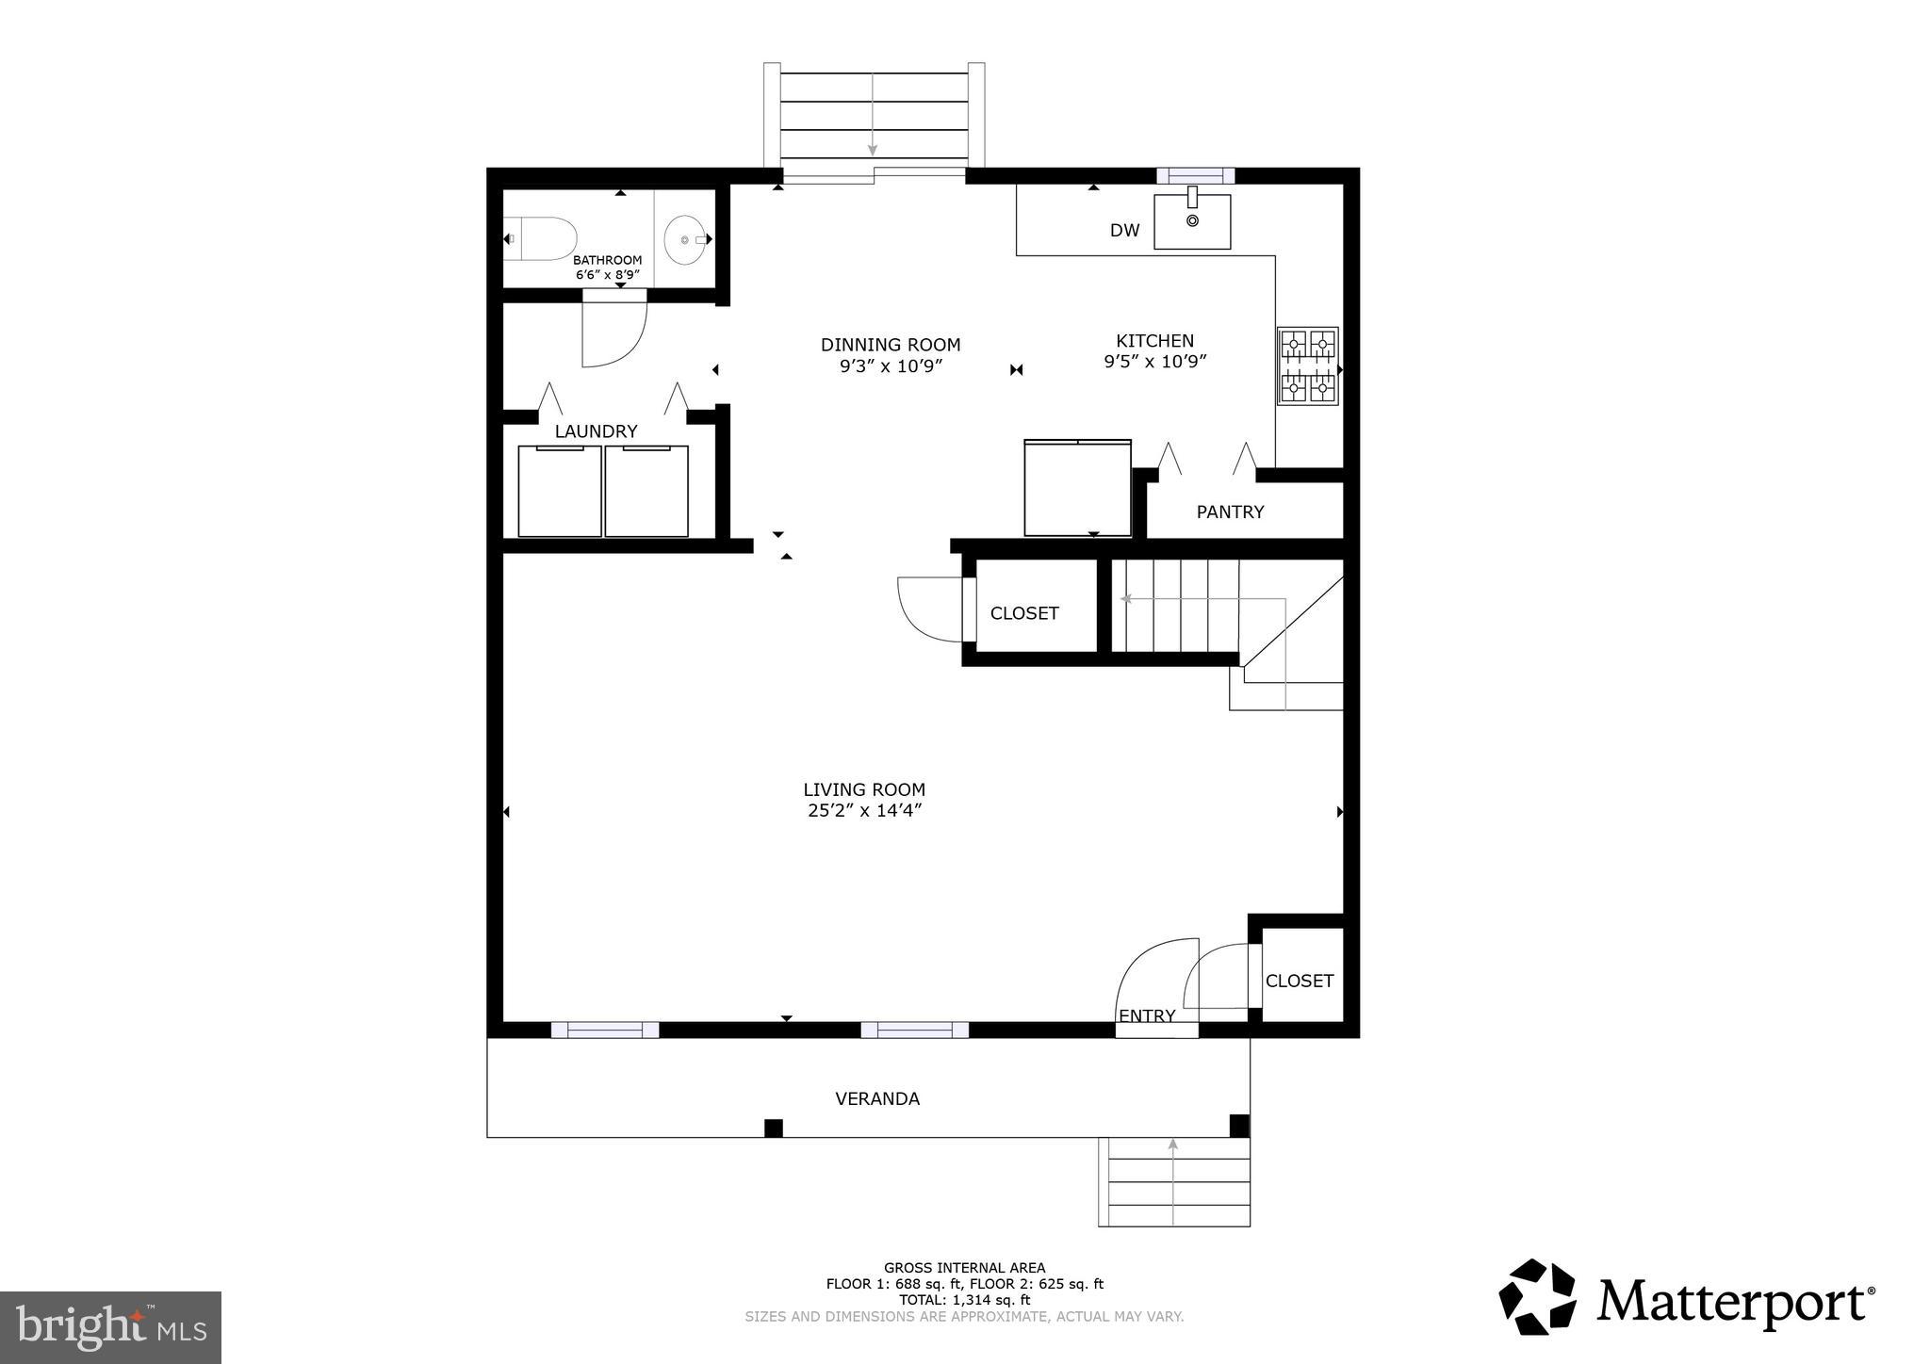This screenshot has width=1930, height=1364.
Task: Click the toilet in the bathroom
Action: (541, 239)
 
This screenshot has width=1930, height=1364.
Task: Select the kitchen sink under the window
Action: (1192, 222)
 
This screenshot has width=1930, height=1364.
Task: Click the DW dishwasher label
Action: (1124, 231)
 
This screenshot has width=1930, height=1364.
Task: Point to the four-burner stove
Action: (1308, 366)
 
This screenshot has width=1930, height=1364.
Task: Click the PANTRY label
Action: (1230, 512)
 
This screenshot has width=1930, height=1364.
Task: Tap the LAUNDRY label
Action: (596, 431)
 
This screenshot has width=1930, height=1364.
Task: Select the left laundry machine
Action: (560, 491)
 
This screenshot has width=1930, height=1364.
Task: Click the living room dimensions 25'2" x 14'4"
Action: (864, 810)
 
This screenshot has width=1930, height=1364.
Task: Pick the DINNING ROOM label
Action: (891, 345)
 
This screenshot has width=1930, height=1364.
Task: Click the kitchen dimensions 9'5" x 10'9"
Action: (1155, 361)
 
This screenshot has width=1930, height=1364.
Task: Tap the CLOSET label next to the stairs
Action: (1024, 613)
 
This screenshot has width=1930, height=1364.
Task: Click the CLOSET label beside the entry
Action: (1299, 981)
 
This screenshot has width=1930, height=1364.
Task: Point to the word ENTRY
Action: (1146, 1015)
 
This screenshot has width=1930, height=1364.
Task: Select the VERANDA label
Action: (877, 1098)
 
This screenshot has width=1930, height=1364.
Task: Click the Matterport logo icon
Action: (1537, 1297)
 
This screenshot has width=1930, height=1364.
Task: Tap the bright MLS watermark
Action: (110, 1327)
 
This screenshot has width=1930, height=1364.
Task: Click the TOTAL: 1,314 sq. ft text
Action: (964, 1300)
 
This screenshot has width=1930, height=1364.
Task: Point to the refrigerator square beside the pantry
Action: (1077, 488)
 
